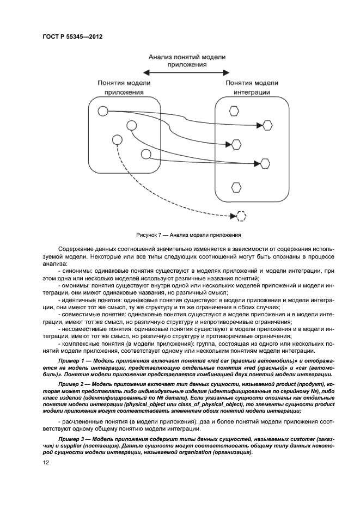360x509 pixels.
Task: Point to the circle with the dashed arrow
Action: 115,139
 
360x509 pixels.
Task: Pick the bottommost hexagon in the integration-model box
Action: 236,187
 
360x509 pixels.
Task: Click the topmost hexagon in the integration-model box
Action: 234,111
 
